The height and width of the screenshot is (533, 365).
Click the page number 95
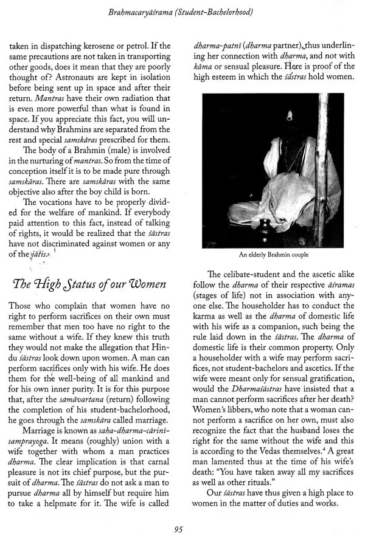(x=178, y=512)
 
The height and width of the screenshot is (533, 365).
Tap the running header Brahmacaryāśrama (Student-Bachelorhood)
(x=182, y=11)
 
